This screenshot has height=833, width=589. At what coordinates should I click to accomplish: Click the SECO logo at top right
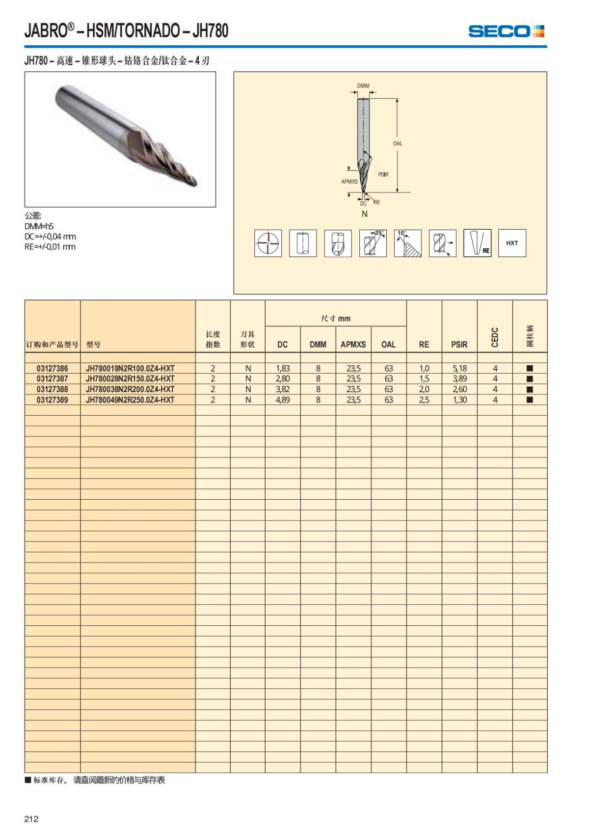(x=506, y=31)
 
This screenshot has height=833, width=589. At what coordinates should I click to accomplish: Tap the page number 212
(x=31, y=819)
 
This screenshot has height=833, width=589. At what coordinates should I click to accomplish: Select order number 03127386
(x=53, y=368)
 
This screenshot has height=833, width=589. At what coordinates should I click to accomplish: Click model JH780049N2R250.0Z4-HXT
(x=130, y=400)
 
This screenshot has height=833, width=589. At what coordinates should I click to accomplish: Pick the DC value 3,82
(x=283, y=389)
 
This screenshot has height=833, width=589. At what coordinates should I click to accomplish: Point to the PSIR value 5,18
(x=459, y=368)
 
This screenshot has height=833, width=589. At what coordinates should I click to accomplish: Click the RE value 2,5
(x=424, y=400)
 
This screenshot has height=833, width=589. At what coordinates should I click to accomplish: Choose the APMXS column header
(x=353, y=345)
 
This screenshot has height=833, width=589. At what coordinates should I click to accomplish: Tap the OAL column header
(x=388, y=345)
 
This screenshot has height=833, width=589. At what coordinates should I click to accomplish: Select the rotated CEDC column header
(x=495, y=337)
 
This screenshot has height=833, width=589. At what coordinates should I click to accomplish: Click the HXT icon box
(x=512, y=243)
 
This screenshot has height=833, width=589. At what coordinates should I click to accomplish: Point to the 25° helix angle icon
(x=373, y=243)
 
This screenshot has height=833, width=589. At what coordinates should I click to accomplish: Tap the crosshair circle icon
(x=268, y=243)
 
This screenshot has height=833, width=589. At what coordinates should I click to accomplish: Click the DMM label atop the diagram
(x=363, y=86)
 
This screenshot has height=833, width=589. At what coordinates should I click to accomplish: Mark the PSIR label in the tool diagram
(x=383, y=175)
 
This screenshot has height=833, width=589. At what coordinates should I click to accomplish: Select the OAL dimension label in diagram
(x=398, y=143)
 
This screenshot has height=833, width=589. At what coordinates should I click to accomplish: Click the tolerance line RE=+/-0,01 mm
(x=50, y=247)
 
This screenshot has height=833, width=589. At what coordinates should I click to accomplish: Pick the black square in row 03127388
(x=530, y=389)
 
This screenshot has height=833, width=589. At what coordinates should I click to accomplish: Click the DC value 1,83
(x=283, y=368)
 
